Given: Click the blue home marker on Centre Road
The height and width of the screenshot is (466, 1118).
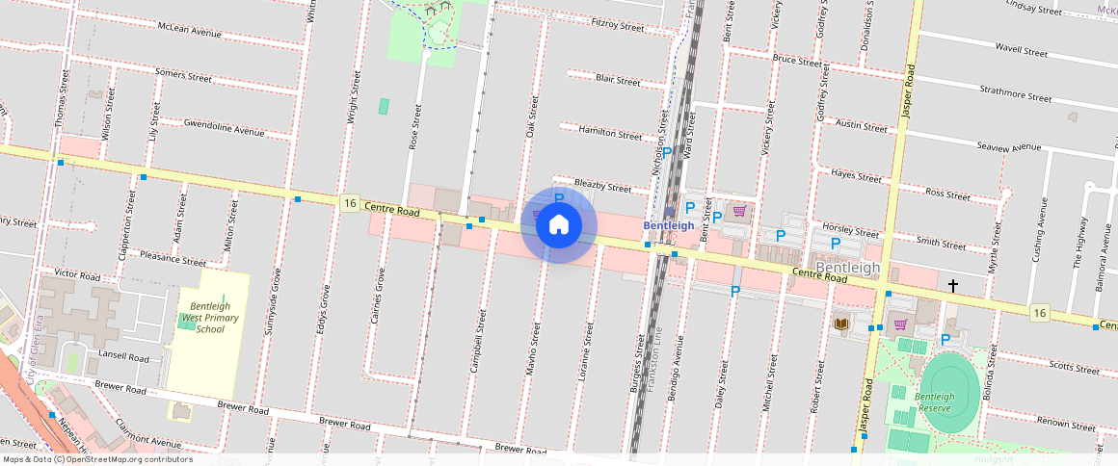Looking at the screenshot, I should pyautogui.click(x=558, y=225).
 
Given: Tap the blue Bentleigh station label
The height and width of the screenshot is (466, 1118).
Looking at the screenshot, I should pyautogui.click(x=668, y=225).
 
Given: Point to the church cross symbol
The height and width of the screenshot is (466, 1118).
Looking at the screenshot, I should pyautogui.click(x=953, y=286).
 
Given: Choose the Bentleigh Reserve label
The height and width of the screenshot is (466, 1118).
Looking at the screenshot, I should pyautogui.click(x=935, y=401).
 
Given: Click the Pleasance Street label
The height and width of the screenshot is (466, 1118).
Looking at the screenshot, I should pyautogui.click(x=173, y=259).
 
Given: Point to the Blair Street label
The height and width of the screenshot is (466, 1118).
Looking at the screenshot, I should pyautogui.click(x=618, y=80).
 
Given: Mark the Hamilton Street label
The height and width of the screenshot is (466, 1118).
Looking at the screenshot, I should pyautogui.click(x=610, y=133).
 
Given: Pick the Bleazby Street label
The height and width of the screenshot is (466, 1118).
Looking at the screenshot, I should pyautogui.click(x=602, y=186).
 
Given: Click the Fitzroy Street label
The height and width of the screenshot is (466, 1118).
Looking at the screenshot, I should pyautogui.click(x=617, y=25).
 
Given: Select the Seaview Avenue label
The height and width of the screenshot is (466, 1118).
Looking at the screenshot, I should pyautogui.click(x=1009, y=146).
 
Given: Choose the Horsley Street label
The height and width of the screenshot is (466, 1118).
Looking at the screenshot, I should pyautogui.click(x=853, y=231).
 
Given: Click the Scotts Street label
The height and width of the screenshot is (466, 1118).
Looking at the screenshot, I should pyautogui.click(x=1074, y=368).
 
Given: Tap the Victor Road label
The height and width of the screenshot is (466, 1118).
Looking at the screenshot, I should pyautogui.click(x=77, y=274).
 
